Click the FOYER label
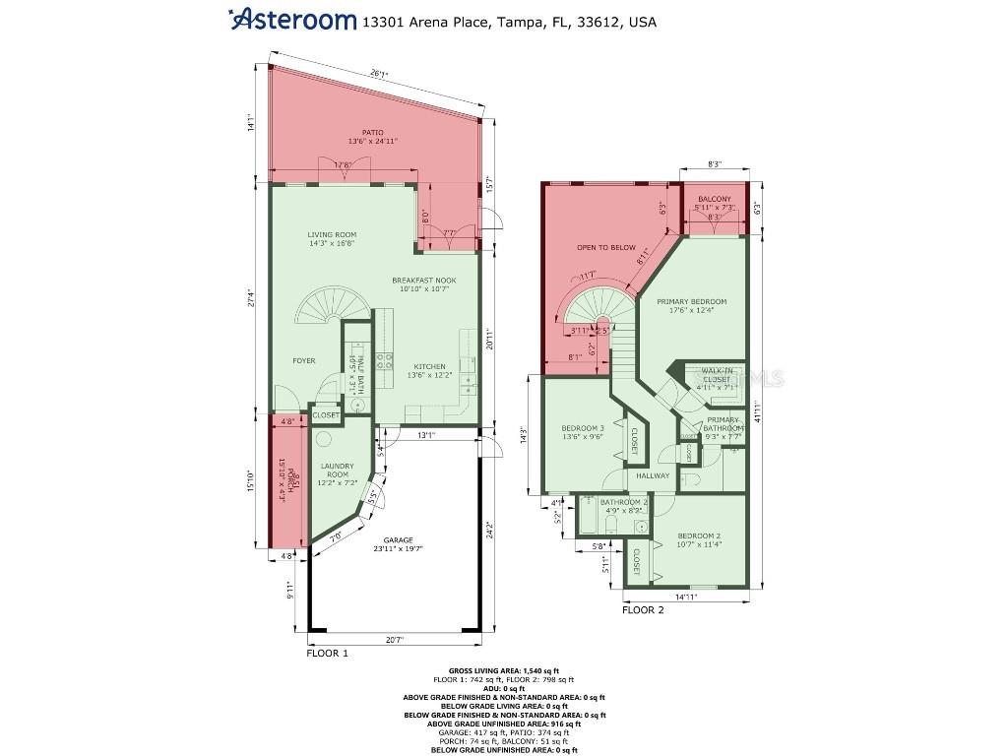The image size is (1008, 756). click(x=303, y=361)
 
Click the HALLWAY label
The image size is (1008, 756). click(x=652, y=475)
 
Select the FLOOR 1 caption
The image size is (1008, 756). click(x=327, y=653)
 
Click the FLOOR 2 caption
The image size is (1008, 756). click(x=643, y=610)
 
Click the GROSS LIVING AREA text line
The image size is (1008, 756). click(x=503, y=669)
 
